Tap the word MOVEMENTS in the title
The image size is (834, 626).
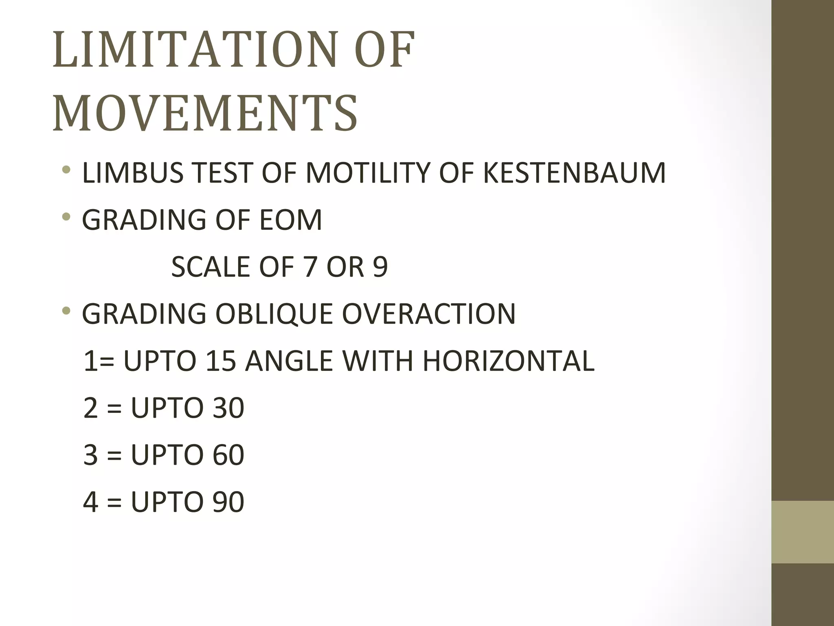[x=205, y=113]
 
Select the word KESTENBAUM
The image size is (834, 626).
[x=574, y=173]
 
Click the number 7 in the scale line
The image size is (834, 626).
[x=311, y=267]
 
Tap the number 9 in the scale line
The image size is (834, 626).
[x=380, y=267]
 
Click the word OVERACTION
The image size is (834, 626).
[x=428, y=314]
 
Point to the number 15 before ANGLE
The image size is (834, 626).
[x=221, y=361]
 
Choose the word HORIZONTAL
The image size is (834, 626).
[x=508, y=361]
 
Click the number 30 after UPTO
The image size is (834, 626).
[x=228, y=408]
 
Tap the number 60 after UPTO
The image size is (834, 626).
[x=228, y=455]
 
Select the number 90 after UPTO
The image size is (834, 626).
[x=228, y=502]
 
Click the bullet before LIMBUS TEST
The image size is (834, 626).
[x=66, y=170]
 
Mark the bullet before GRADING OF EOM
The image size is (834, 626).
[x=66, y=217]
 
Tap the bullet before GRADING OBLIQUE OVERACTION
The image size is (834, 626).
[x=66, y=311]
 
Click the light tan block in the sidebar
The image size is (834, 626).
[x=803, y=532]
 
